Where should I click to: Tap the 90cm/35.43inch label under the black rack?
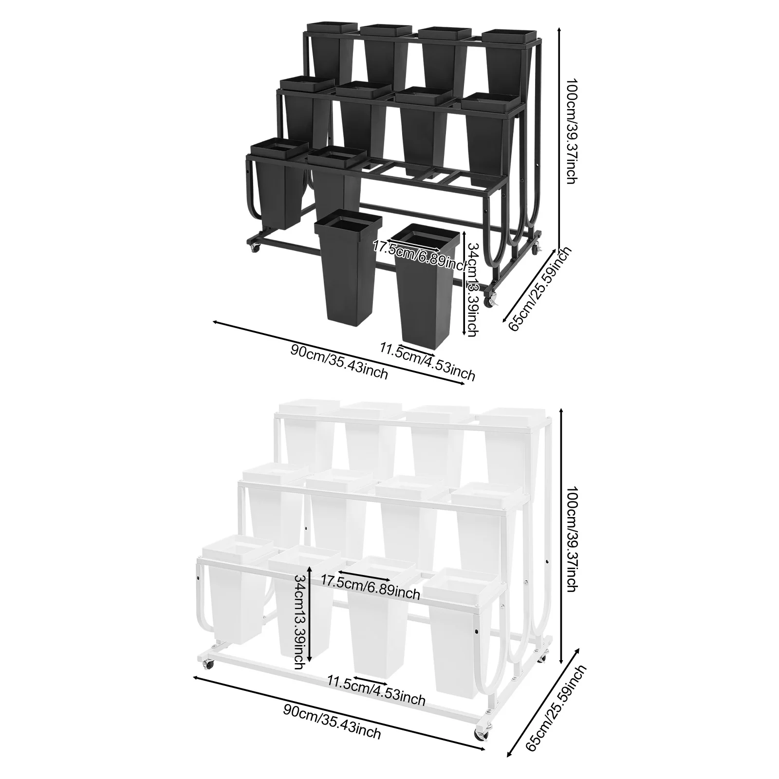[339, 361]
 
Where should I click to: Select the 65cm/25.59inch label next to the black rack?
[539, 288]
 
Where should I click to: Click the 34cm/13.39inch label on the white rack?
[302, 621]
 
